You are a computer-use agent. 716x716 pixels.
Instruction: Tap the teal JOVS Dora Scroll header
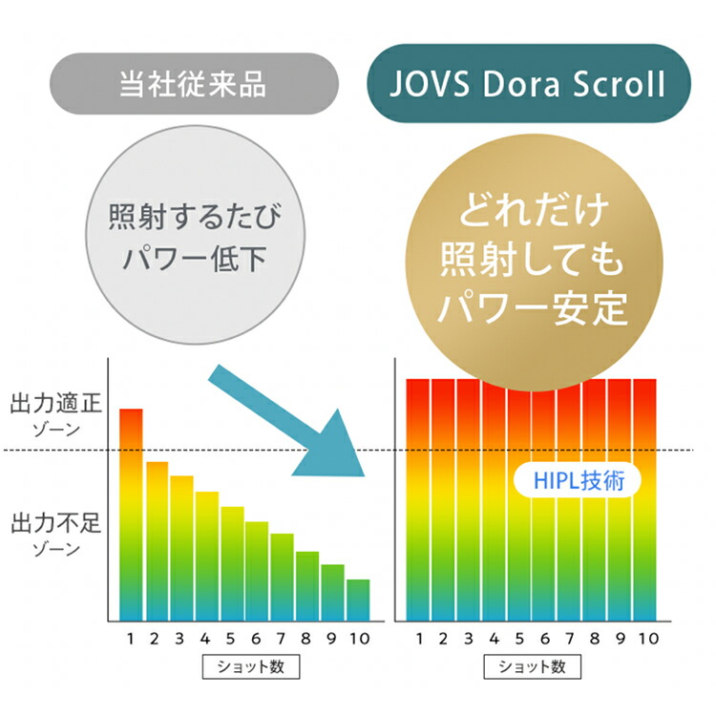528,84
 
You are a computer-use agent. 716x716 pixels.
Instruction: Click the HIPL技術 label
576,479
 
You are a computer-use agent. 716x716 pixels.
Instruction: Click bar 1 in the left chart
131,516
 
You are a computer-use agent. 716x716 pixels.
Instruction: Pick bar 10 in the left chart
357,600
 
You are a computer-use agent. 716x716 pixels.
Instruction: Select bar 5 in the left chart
232,563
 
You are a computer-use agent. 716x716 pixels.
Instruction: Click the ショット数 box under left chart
243,665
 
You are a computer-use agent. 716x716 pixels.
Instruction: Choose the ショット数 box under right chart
532,665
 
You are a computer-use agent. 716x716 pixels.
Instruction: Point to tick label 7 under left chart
282,638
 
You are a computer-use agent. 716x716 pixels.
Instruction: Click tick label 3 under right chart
469,638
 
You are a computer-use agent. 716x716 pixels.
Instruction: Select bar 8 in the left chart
306,586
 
